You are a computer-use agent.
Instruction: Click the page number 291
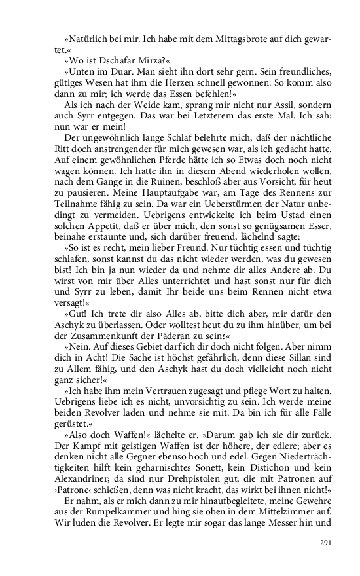point(327,543)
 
